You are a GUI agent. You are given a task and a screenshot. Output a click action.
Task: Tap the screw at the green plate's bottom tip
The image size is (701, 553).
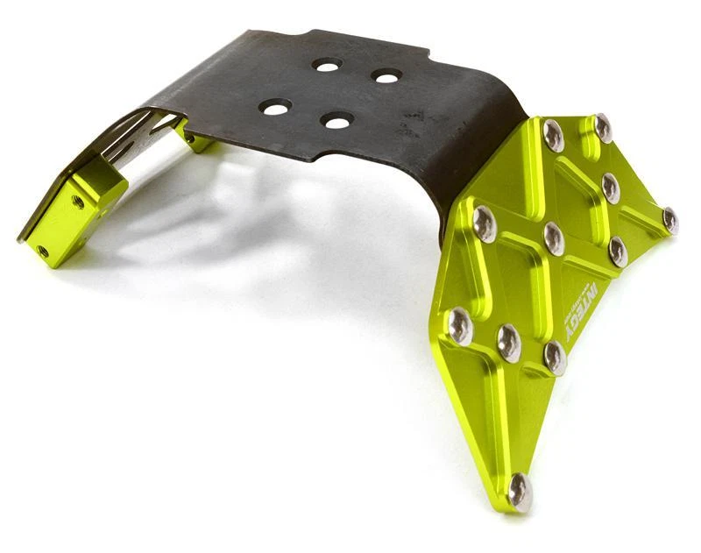(520, 492)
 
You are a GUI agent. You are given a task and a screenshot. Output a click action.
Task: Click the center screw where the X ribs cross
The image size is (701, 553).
(554, 238)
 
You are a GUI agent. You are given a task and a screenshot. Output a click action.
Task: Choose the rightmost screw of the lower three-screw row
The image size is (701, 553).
(555, 357)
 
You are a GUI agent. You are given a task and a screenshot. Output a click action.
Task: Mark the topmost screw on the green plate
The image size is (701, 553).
(603, 127)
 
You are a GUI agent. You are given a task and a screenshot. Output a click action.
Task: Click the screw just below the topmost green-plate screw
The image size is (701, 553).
(612, 187)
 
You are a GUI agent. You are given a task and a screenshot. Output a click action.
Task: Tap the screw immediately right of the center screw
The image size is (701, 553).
(619, 251)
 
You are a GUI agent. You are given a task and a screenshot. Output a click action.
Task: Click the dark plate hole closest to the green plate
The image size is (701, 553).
(386, 76)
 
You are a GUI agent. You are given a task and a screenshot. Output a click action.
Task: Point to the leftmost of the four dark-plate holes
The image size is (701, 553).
(275, 107)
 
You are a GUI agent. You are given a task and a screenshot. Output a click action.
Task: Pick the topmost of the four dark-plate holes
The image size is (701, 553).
(328, 65)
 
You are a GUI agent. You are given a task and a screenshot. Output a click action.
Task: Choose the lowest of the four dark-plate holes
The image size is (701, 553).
(337, 120)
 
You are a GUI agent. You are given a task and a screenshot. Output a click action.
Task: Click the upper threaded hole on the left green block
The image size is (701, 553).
(78, 202)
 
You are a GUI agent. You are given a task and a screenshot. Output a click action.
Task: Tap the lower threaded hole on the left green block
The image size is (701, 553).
(42, 251)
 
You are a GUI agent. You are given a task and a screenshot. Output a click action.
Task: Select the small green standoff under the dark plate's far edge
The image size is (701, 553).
(197, 140)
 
